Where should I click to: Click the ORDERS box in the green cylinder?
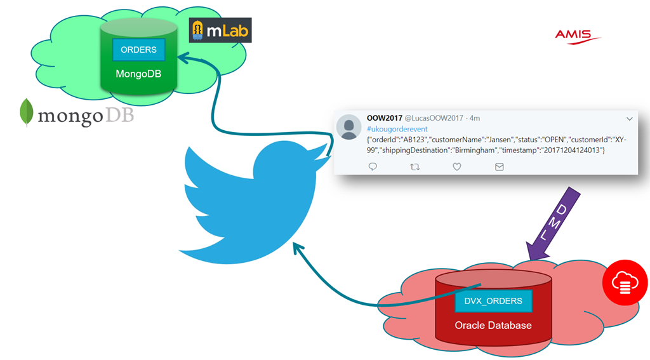coord(138,50)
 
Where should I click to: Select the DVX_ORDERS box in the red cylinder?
coord(493,301)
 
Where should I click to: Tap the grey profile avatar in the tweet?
coord(348,127)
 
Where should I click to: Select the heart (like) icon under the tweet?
coord(456,167)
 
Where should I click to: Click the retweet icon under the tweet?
coord(415,167)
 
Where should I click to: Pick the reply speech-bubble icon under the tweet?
coord(373,167)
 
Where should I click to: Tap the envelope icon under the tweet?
coord(499,167)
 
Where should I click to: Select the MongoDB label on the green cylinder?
coord(138,74)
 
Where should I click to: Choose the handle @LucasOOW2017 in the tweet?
coord(432,118)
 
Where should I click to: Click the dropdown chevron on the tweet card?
coord(630,119)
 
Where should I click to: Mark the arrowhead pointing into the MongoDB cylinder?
coord(182,59)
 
